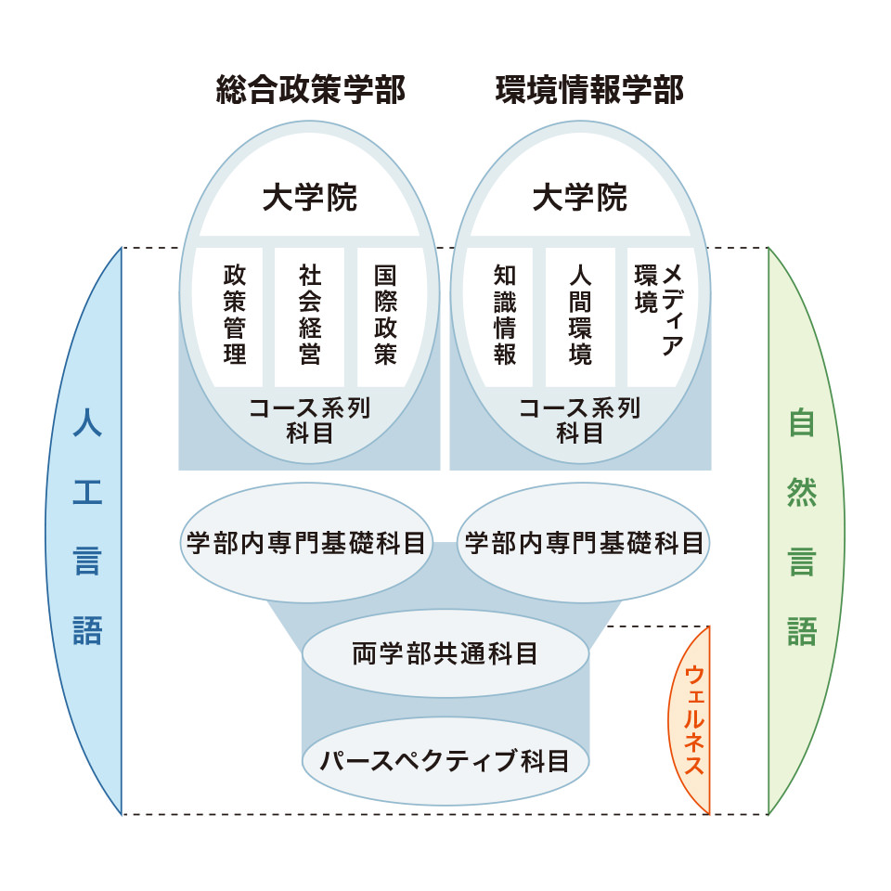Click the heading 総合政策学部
pyautogui.click(x=310, y=91)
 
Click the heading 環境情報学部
pyautogui.click(x=589, y=91)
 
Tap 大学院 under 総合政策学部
pyautogui.click(x=310, y=198)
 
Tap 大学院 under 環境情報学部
pyautogui.click(x=580, y=198)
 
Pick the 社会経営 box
pyautogui.click(x=310, y=316)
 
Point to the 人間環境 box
pyautogui.click(x=580, y=316)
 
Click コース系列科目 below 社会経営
pyautogui.click(x=310, y=420)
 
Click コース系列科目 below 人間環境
pyautogui.click(x=580, y=420)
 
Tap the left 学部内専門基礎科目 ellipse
pyautogui.click(x=305, y=544)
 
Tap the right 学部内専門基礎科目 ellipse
pyautogui.click(x=584, y=544)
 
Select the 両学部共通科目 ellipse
pyautogui.click(x=445, y=653)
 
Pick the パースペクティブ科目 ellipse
pyautogui.click(x=445, y=761)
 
